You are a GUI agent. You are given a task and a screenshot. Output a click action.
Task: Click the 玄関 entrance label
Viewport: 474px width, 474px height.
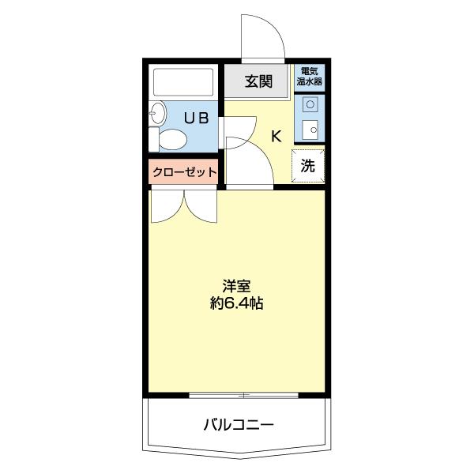pyautogui.click(x=258, y=80)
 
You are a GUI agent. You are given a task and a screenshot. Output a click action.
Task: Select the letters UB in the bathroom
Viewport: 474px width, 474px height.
pyautogui.click(x=197, y=118)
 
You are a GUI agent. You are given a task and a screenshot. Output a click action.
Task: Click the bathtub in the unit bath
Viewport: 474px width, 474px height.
pyautogui.click(x=184, y=82)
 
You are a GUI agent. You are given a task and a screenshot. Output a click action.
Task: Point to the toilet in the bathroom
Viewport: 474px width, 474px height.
pyautogui.click(x=172, y=140)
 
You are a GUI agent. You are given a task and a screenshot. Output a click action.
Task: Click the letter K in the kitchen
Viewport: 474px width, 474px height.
pyautogui.click(x=276, y=136)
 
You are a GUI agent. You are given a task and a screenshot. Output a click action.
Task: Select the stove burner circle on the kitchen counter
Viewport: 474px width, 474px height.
pyautogui.click(x=310, y=103)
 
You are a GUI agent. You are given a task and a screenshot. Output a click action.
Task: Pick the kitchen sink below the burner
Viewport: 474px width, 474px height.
pyautogui.click(x=310, y=130)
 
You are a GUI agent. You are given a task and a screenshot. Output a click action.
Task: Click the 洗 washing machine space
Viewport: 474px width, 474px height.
pyautogui.click(x=309, y=166)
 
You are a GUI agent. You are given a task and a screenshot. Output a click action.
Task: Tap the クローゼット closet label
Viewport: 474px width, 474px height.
pyautogui.click(x=183, y=171)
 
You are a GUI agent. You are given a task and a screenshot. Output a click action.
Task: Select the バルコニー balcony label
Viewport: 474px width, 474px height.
pyautogui.click(x=238, y=425)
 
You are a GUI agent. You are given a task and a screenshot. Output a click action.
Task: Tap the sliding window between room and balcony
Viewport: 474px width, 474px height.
pyautogui.click(x=245, y=394)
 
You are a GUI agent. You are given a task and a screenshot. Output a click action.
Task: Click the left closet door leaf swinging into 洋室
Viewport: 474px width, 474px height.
pyautogui.click(x=166, y=207)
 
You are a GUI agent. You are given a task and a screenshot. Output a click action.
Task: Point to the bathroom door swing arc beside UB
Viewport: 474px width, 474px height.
pyautogui.click(x=239, y=128)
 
